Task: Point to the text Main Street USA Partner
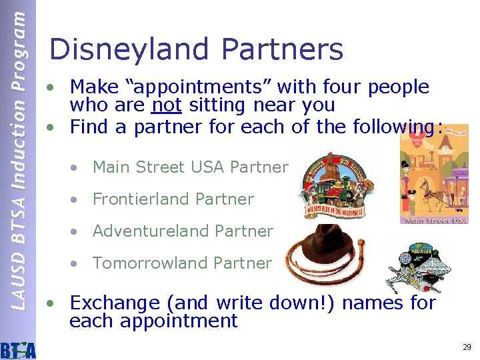tap(190, 167)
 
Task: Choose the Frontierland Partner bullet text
tap(173, 199)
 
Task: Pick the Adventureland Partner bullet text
tap(183, 231)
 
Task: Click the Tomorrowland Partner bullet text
tap(182, 263)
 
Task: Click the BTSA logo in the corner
tap(18, 348)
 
